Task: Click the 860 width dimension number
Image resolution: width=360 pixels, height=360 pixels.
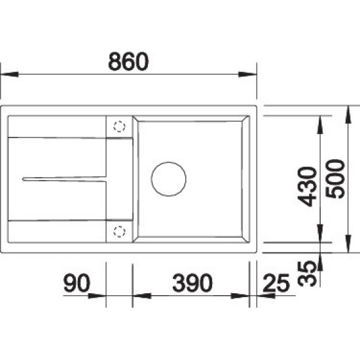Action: click(128, 62)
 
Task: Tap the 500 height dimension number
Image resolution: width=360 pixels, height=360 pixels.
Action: click(335, 179)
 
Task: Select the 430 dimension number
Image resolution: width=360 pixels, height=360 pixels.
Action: click(307, 187)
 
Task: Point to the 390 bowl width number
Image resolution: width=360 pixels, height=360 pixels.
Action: click(192, 282)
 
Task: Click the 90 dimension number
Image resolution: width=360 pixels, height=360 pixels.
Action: click(77, 282)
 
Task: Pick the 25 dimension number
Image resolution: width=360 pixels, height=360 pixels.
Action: click(276, 283)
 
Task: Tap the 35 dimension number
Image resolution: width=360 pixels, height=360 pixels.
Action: click(307, 273)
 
